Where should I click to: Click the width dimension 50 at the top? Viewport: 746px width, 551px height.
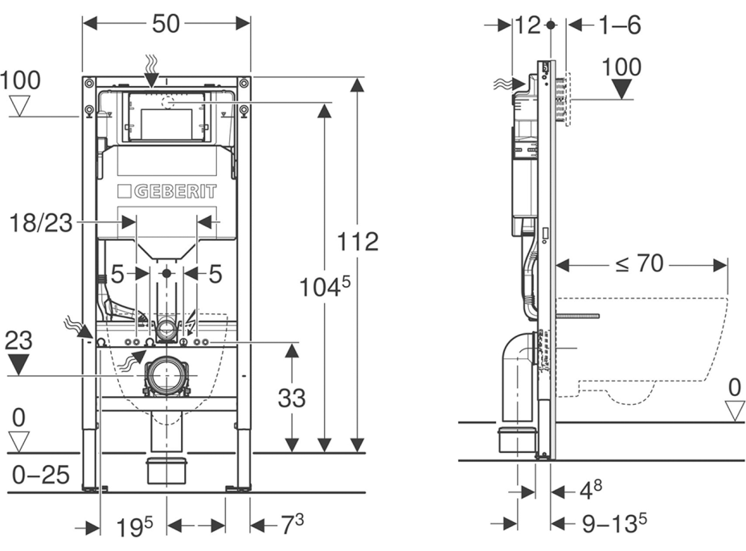point(166,24)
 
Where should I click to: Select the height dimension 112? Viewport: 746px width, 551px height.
point(358,241)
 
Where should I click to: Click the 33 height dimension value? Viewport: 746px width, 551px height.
point(290,397)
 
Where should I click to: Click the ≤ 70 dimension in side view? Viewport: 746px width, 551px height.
point(640,263)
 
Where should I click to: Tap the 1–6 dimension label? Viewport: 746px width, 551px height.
point(619,26)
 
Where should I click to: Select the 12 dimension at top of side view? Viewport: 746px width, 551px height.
point(527,26)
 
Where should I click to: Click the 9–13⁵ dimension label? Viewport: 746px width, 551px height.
point(614,523)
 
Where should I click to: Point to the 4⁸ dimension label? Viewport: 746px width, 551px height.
point(592,488)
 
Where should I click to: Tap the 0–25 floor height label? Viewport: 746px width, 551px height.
point(39,475)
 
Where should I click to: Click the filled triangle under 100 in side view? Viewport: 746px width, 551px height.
point(621,88)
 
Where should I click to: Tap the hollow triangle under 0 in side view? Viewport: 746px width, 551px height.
point(734,411)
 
